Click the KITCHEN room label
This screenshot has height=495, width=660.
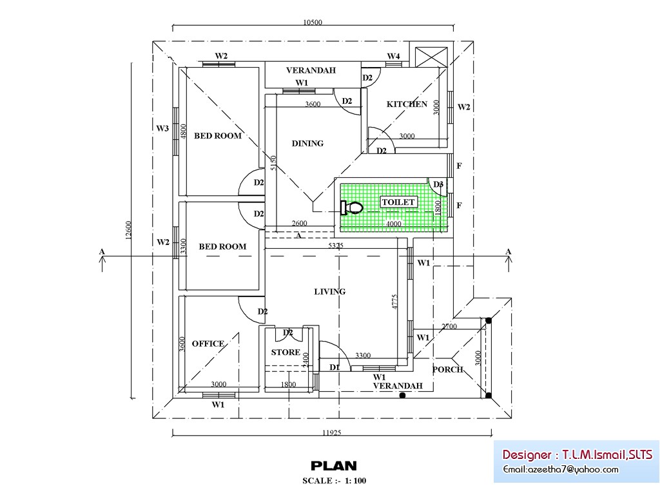pos(407,104)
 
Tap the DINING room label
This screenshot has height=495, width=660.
pos(307,144)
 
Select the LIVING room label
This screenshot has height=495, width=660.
pos(329,292)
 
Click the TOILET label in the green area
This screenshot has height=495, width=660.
pos(399,202)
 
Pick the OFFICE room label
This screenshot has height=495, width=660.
pos(208,344)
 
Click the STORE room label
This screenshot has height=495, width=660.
pos(285,353)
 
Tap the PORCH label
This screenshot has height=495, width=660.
pos(447,369)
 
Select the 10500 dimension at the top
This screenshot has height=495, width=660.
pos(312,23)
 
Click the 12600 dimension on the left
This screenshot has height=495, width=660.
pos(128,231)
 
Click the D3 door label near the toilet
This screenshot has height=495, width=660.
pos(438,185)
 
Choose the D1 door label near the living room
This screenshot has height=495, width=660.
pos(335,367)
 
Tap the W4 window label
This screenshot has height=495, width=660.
pos(393,56)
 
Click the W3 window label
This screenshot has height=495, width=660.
pos(162,129)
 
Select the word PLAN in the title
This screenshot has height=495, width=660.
pos(333,465)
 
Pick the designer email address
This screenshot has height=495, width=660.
pos(561,469)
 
